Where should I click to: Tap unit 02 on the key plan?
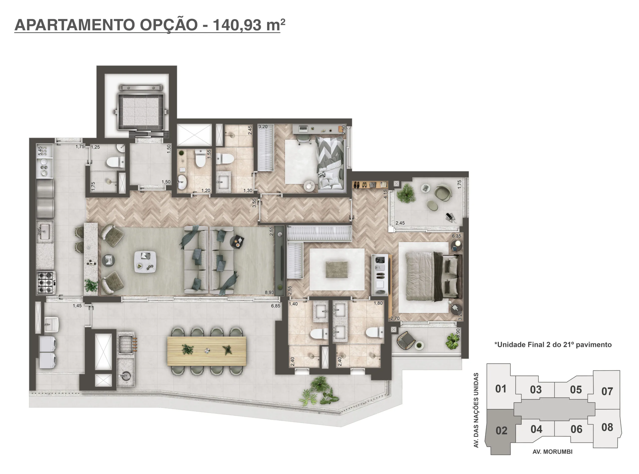tap(501, 430)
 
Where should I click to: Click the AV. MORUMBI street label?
tap(552, 452)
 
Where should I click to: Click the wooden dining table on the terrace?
tap(207, 351)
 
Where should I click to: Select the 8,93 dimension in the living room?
tap(269, 292)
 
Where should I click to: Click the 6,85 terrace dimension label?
tap(276, 306)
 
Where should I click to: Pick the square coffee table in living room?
tap(145, 261)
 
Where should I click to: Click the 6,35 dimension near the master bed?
tap(456, 236)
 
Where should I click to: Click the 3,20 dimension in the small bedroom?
tap(263, 127)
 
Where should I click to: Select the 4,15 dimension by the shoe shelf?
tap(385, 194)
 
